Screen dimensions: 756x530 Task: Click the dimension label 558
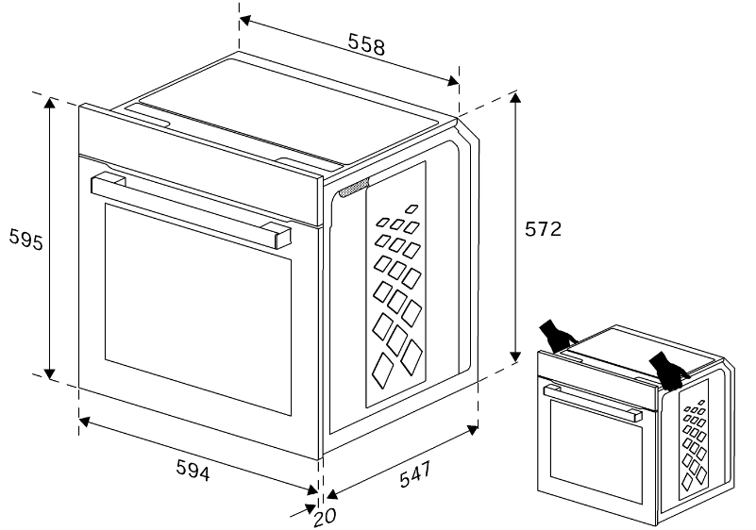pos(366,45)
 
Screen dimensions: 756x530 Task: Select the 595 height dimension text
pos(26,240)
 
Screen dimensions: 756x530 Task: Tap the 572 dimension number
pos(544,229)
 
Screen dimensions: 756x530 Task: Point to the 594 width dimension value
pos(193,470)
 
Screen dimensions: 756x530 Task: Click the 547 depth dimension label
pos(415,474)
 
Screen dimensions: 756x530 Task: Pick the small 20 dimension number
pos(325,517)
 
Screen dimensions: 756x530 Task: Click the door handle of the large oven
pos(191,209)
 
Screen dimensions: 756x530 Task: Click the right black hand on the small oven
pos(668,370)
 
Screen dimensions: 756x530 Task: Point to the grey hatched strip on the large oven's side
pos(354,188)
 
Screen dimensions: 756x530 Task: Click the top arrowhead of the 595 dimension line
pos(50,103)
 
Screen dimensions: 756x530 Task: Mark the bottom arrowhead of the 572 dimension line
pos(515,356)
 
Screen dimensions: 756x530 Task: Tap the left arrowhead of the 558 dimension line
pos(245,21)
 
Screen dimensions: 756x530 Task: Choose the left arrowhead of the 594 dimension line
pos(84,422)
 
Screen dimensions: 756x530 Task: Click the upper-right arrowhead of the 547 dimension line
pos(472,430)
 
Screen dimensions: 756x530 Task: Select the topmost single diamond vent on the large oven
pos(412,208)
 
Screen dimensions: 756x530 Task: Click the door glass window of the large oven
pos(198,308)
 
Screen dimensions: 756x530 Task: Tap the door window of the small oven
pos(596,452)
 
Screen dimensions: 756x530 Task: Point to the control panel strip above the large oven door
pos(201,165)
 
